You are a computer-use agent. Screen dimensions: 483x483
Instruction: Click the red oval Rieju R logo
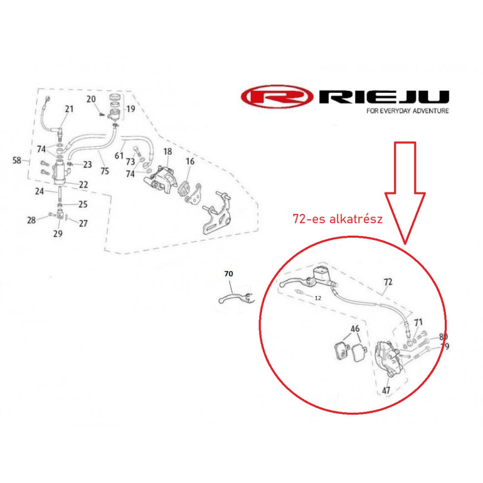coord(277,97)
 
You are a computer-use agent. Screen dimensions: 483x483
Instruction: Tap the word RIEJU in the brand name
coord(384,97)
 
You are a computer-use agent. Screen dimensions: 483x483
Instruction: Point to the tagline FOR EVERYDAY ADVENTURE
coord(408,111)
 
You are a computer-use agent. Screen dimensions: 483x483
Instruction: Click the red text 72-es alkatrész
coord(337,219)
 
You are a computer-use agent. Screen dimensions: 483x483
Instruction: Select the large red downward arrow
coord(405,193)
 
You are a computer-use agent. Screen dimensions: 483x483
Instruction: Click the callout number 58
coord(17,160)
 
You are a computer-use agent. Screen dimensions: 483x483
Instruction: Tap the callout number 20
coord(91,99)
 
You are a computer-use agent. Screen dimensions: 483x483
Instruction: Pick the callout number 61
coord(119,156)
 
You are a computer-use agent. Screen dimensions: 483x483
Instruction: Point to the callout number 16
coord(190,161)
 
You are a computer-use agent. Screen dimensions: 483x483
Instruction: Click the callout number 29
coord(58,234)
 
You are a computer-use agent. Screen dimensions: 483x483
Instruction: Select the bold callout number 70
coord(228,273)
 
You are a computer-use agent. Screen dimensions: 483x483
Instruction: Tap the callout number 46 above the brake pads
coord(355,329)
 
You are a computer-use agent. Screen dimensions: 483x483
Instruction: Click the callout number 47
coord(386,391)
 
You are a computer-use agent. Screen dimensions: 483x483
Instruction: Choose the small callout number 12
coord(317,298)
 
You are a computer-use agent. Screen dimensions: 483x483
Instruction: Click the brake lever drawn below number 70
coord(236,297)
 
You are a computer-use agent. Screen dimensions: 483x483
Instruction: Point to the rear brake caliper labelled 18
coord(161,179)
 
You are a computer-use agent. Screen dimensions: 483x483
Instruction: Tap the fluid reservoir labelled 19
coord(114,107)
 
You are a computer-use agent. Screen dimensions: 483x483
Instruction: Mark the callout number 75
coord(105,171)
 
